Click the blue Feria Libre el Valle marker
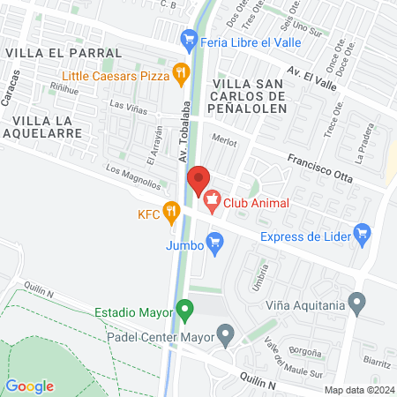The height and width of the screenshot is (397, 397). (x=188, y=39)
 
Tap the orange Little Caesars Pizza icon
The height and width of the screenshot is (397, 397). (x=180, y=74)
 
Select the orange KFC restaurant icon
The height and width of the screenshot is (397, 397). (x=171, y=212)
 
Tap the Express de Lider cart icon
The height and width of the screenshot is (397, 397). (x=361, y=233)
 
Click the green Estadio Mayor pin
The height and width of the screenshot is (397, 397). (x=184, y=311)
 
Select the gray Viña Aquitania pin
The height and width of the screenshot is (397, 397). (x=357, y=304)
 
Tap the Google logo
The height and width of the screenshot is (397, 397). (x=30, y=386)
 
